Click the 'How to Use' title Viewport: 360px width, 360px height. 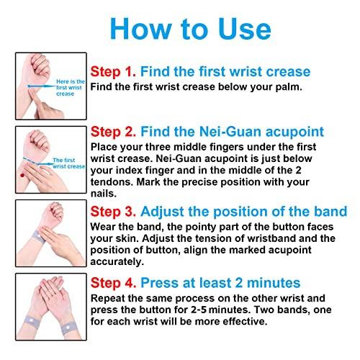191,29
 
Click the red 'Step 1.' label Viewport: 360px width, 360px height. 113,71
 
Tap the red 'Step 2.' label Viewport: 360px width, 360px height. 113,132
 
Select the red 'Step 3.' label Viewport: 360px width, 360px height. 113,212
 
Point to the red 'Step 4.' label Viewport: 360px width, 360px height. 114,283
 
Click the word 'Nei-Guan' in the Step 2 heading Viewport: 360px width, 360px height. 230,132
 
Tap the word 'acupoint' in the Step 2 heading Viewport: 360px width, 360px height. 294,132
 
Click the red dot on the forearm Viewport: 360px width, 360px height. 22,175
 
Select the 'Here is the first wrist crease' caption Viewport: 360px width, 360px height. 71,88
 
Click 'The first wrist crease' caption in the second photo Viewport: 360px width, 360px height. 69,163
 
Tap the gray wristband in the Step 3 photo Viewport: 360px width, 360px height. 38,236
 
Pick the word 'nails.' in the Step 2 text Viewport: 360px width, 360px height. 104,194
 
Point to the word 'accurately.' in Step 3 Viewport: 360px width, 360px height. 117,262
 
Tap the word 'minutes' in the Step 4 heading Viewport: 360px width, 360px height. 274,283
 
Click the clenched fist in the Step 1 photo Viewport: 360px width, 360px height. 38,67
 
